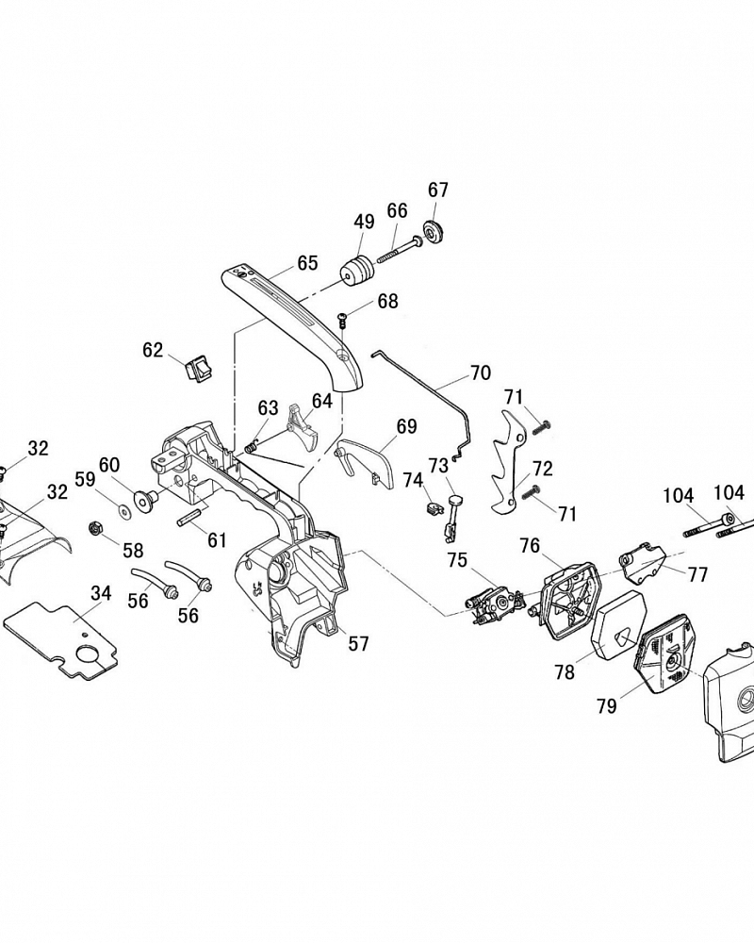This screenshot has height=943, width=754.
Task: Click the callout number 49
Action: tap(364, 222)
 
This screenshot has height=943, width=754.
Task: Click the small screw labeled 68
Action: tap(344, 319)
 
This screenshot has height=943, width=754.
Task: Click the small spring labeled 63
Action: tap(254, 447)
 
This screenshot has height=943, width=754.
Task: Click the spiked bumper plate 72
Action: tap(511, 463)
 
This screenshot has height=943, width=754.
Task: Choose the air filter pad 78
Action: tap(618, 627)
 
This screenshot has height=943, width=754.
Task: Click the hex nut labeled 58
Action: tap(95, 529)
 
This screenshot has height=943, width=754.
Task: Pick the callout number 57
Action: tap(358, 643)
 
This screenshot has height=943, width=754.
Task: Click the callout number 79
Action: tap(607, 705)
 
